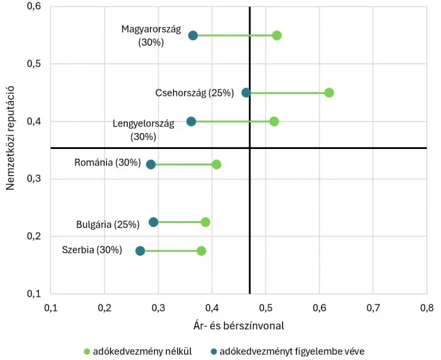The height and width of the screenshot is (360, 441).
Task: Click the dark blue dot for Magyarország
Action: point(193,35)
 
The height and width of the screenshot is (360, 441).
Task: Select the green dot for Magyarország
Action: point(277,35)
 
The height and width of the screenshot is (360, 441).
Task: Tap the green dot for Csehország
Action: point(329,93)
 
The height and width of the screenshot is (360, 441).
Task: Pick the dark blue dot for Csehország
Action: point(246,93)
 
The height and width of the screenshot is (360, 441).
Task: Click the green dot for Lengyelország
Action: point(274,121)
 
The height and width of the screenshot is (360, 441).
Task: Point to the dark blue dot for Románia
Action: point(151,164)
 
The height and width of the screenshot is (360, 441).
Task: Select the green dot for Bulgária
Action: point(205,222)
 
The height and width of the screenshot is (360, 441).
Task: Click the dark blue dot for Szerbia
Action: point(140,251)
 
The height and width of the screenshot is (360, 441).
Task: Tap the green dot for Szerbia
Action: point(201,251)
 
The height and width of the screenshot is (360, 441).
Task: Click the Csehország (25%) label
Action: point(194,93)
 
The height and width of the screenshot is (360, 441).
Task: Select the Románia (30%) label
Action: point(107,162)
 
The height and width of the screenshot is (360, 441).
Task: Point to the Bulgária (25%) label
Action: point(107,224)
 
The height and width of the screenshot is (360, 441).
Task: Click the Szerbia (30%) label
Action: point(92,250)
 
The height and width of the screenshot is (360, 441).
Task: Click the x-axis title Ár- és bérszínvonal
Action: point(238,325)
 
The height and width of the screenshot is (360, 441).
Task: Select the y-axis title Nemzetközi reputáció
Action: point(11,140)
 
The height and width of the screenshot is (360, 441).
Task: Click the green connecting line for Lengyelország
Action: point(233,121)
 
